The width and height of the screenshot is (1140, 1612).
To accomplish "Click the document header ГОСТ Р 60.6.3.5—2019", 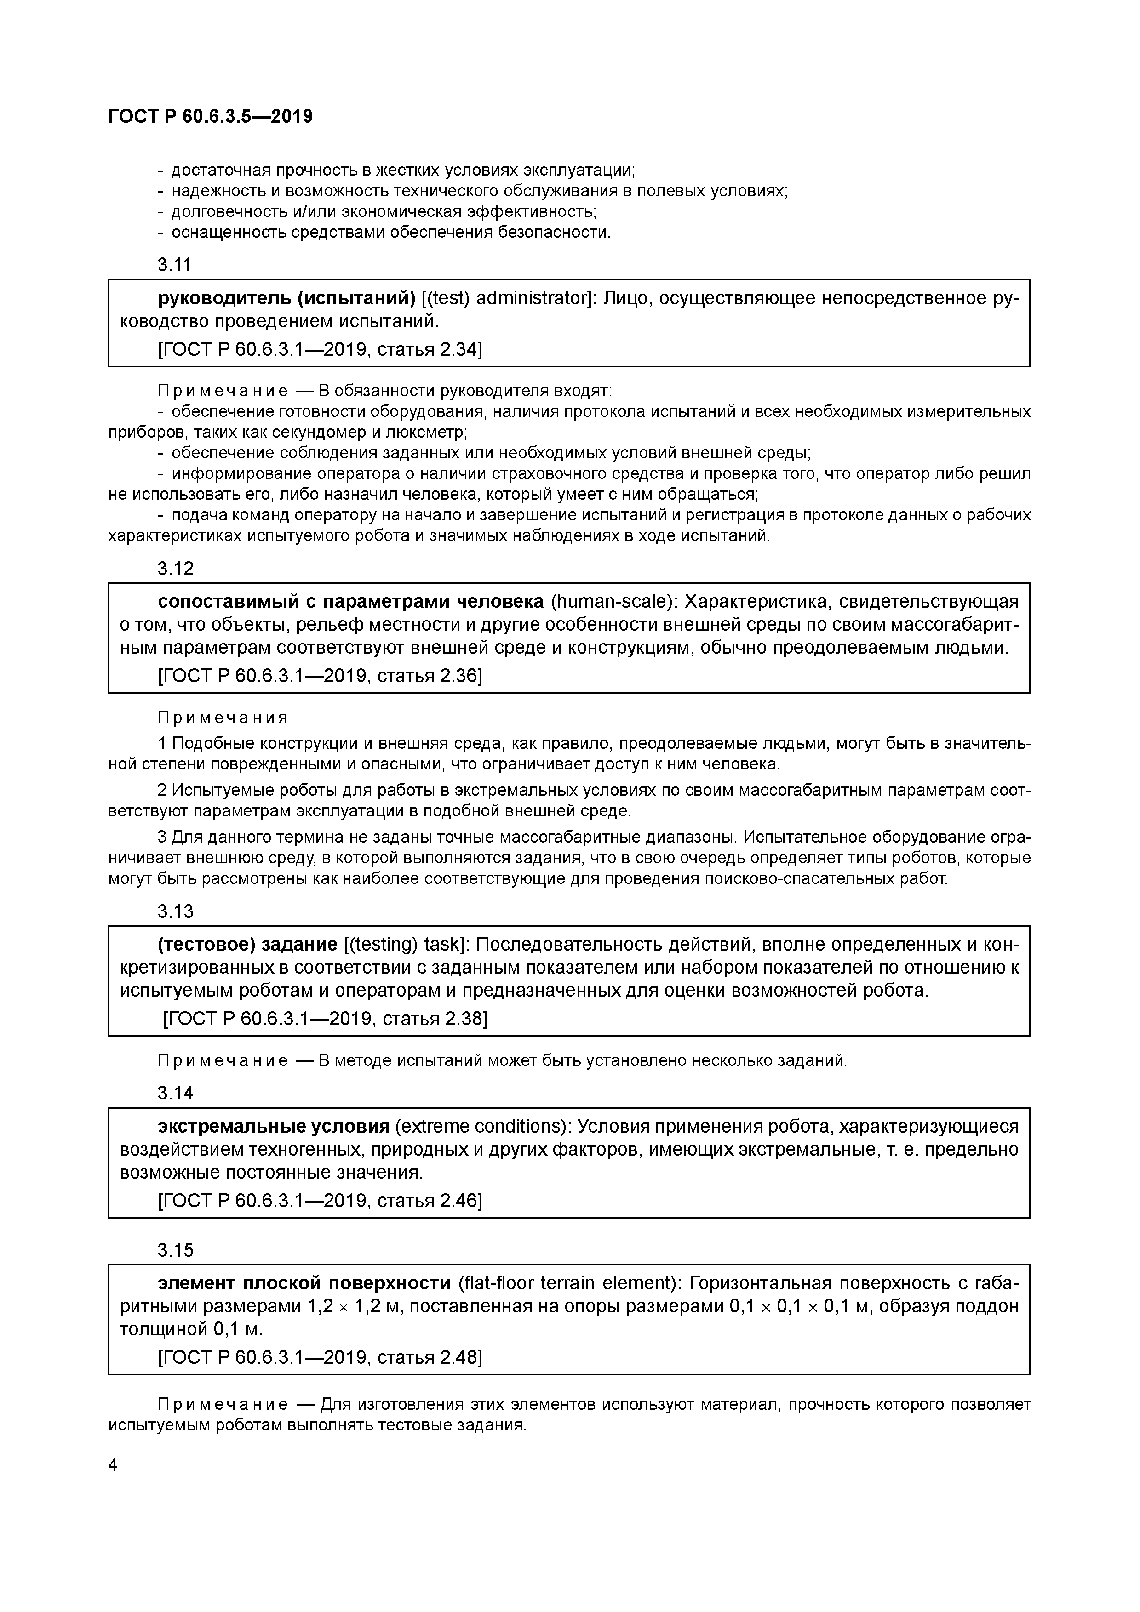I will [x=210, y=117].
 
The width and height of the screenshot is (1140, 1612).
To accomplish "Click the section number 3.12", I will [x=175, y=568].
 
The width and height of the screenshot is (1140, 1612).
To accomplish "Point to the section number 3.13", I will [x=175, y=911].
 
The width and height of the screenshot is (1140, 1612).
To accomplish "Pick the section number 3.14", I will [x=175, y=1093].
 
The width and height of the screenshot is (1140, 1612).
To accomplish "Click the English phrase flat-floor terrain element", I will [x=568, y=1283].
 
